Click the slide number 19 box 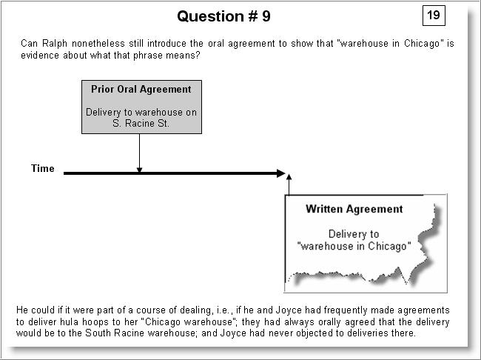(434, 15)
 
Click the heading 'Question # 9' (223, 16)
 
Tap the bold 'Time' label (43, 168)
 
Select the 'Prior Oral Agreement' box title (141, 89)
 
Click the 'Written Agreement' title (354, 209)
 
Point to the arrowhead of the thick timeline (281, 173)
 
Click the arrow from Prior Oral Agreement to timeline (139, 153)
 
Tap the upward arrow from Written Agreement (289, 184)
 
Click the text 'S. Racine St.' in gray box (141, 123)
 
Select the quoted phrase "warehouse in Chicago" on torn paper (354, 246)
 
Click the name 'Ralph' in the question (55, 43)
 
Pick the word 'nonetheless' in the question (98, 43)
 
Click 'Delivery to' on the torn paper (354, 234)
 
